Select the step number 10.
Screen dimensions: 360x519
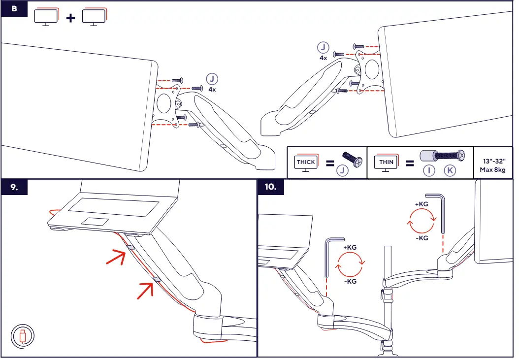[270, 188]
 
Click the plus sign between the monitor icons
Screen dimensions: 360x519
[71, 18]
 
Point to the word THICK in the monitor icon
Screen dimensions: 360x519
[305, 162]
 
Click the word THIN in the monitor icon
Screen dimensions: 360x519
[386, 162]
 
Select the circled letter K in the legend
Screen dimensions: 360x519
[450, 171]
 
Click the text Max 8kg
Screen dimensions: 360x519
[492, 170]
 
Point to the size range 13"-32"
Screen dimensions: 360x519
[492, 161]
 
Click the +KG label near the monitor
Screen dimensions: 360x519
[422, 203]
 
